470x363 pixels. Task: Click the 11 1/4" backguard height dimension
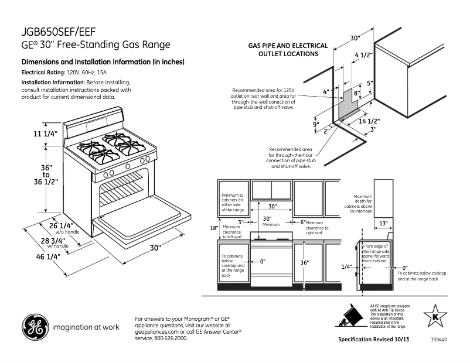pyautogui.click(x=45, y=134)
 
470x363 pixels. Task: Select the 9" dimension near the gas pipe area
pyautogui.click(x=315, y=124)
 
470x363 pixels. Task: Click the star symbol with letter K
pyautogui.click(x=435, y=317)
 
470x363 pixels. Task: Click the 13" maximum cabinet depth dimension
pyautogui.click(x=383, y=224)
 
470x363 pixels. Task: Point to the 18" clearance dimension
pyautogui.click(x=214, y=228)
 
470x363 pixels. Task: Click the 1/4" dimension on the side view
pyautogui.click(x=346, y=266)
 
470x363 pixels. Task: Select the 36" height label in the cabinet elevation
pyautogui.click(x=304, y=263)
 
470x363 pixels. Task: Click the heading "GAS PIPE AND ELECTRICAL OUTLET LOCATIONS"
pyautogui.click(x=284, y=50)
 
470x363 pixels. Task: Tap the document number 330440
pyautogui.click(x=438, y=340)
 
